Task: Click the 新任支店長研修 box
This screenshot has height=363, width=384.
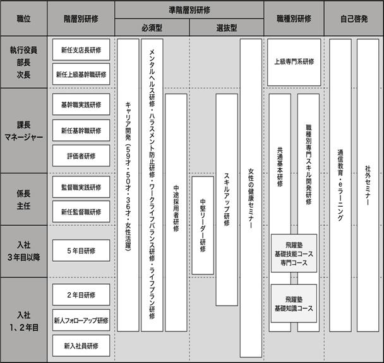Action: point(81,50)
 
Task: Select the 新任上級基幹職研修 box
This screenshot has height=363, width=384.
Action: point(81,75)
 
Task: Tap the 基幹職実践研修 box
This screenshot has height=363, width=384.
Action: point(81,104)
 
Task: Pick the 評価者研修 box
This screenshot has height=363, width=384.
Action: point(81,156)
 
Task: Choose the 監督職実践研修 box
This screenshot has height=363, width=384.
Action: point(81,187)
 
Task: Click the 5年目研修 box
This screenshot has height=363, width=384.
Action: point(81,250)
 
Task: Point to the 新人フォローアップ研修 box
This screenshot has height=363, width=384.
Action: point(81,320)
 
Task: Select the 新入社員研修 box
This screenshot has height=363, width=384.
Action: point(81,345)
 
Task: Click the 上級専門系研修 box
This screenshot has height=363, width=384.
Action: point(294,63)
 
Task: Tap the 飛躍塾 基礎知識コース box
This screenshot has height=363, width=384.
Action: point(294,304)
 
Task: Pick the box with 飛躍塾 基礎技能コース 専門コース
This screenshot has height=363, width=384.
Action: point(294,254)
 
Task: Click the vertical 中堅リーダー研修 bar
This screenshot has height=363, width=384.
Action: point(203,225)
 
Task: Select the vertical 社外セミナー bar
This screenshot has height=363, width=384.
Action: point(368,185)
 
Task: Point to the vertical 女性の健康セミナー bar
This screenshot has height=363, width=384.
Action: point(251,198)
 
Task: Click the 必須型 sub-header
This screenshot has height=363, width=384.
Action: point(152,27)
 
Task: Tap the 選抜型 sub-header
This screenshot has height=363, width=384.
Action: point(227,27)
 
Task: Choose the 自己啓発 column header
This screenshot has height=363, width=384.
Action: point(354,18)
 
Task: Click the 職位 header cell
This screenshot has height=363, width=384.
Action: point(24,18)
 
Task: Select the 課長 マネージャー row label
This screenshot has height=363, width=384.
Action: point(24,131)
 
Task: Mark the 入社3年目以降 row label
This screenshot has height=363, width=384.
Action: point(24,251)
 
